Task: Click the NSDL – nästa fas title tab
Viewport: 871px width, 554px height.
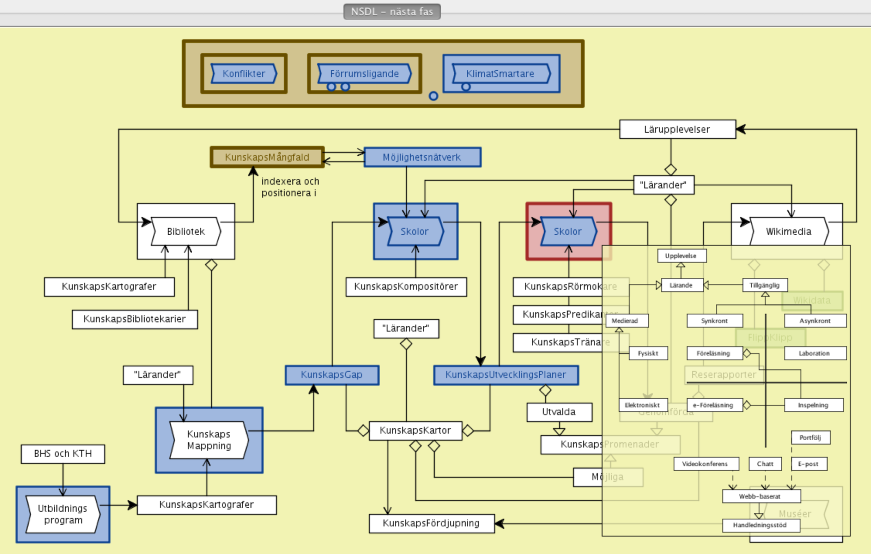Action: click(392, 12)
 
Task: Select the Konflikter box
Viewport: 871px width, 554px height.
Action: click(244, 74)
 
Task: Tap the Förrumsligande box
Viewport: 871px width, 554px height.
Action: click(364, 74)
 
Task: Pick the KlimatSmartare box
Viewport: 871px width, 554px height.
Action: click(500, 74)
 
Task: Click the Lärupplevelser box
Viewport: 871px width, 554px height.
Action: click(677, 129)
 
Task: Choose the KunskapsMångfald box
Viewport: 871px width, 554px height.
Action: click(267, 157)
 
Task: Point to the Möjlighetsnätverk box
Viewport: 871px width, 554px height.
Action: click(422, 157)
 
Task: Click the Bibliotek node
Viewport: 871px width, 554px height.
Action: click(186, 232)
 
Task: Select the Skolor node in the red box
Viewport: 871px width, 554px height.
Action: click(568, 232)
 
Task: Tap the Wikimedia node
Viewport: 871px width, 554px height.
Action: click(788, 232)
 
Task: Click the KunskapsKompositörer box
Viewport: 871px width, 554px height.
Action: click(406, 286)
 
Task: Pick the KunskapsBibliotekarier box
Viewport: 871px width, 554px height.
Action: click(135, 319)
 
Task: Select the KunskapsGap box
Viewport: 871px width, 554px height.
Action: click(332, 375)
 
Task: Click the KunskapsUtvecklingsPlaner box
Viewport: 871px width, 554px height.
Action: click(506, 375)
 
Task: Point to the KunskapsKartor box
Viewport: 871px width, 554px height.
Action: click(415, 430)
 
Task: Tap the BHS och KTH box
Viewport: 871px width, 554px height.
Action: click(63, 454)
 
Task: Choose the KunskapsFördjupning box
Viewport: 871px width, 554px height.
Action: click(431, 523)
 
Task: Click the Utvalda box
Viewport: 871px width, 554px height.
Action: click(559, 412)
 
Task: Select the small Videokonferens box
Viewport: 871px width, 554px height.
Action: click(705, 464)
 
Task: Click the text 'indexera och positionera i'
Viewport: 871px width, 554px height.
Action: click(290, 187)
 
